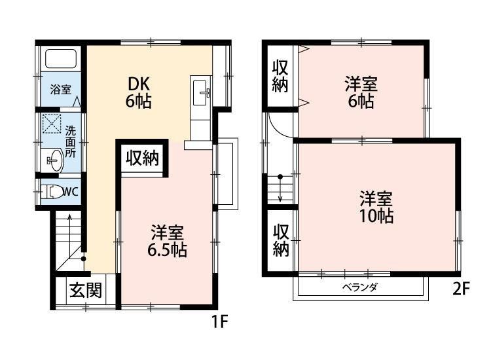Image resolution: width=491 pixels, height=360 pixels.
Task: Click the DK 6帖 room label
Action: pos(138,92)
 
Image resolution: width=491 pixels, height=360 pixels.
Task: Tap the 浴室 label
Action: pos(61,90)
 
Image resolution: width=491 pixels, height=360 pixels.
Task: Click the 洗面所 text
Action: pos(70,137)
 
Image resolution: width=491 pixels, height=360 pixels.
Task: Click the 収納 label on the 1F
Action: pos(142,159)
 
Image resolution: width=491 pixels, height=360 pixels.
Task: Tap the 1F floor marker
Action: pos(218,322)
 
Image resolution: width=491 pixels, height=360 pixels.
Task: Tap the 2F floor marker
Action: pos(461,289)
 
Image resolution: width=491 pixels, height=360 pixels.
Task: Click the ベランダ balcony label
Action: pos(361,287)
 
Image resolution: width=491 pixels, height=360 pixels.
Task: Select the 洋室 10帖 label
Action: pos(376,207)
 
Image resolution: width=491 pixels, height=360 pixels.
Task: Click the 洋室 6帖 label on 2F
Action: pos(361,92)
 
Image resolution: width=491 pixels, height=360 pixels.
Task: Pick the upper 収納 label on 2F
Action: pos(281,77)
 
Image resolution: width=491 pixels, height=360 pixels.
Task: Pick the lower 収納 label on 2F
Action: pos(281,240)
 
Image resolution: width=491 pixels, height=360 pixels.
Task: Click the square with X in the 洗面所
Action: pos(50,124)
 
